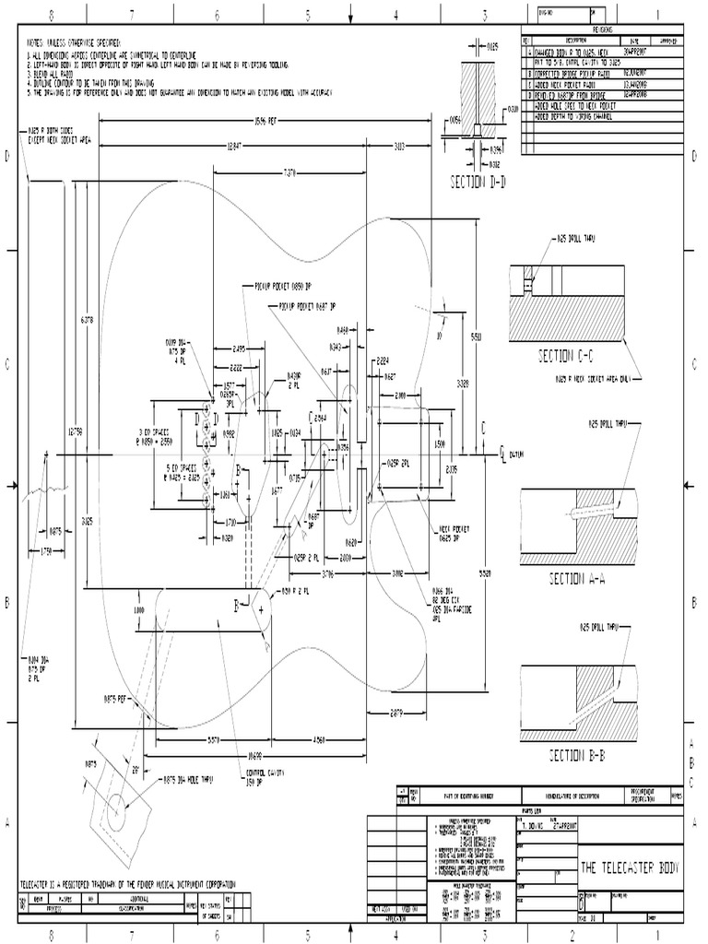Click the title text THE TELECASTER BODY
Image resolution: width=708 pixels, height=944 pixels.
(x=631, y=867)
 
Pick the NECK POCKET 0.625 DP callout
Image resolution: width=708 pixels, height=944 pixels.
(x=453, y=533)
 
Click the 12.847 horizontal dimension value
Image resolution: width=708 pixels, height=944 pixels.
(x=241, y=146)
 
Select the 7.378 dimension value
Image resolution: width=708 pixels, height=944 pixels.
(x=290, y=172)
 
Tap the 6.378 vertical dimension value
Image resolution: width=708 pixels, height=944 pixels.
(x=87, y=321)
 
